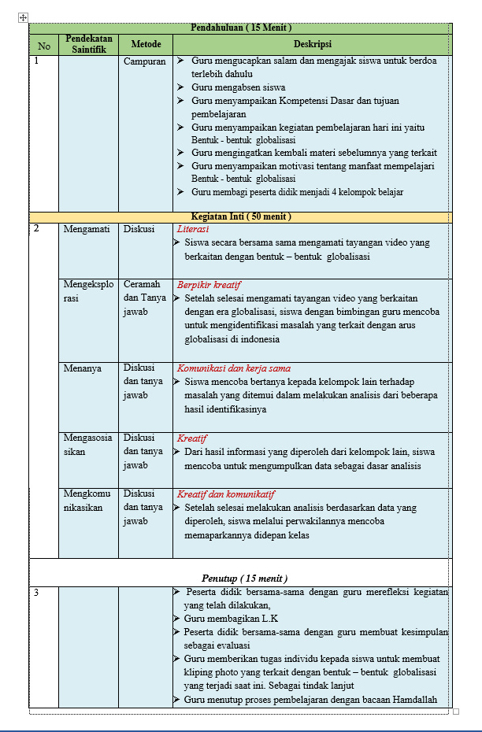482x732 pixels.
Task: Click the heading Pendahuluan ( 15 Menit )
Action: pyautogui.click(x=240, y=28)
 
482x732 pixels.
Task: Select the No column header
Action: pyautogui.click(x=43, y=46)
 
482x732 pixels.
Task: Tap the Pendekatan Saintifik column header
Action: pyautogui.click(x=88, y=44)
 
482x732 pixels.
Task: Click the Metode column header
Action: pyautogui.click(x=146, y=45)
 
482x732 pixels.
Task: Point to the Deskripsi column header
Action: pyautogui.click(x=312, y=45)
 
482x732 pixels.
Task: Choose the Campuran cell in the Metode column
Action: pyautogui.click(x=145, y=61)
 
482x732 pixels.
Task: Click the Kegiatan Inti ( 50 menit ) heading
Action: pyautogui.click(x=241, y=216)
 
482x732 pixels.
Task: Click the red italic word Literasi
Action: pyautogui.click(x=193, y=229)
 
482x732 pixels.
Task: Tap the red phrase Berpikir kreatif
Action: pyautogui.click(x=209, y=285)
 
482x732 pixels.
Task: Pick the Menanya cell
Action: pyautogui.click(x=82, y=368)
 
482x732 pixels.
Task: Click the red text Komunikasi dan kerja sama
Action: pyautogui.click(x=234, y=368)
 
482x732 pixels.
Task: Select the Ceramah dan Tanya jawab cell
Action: pyautogui.click(x=143, y=298)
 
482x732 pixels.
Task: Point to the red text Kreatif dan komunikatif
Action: pyautogui.click(x=225, y=494)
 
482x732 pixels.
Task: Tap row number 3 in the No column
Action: pyautogui.click(x=36, y=593)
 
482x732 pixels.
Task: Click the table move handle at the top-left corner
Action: pyautogui.click(x=23, y=17)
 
